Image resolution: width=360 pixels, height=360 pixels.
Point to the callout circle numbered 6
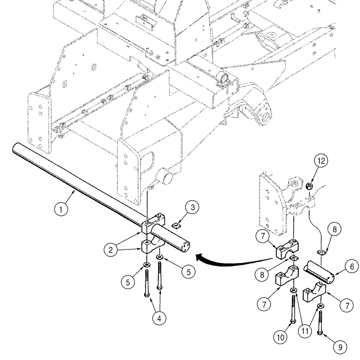[352, 267]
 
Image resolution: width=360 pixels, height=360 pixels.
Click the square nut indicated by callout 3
[176, 226]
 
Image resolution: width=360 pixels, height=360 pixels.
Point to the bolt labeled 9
[320, 322]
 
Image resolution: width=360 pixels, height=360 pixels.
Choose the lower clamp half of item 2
[150, 246]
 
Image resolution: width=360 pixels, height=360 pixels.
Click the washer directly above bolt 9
[320, 306]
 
